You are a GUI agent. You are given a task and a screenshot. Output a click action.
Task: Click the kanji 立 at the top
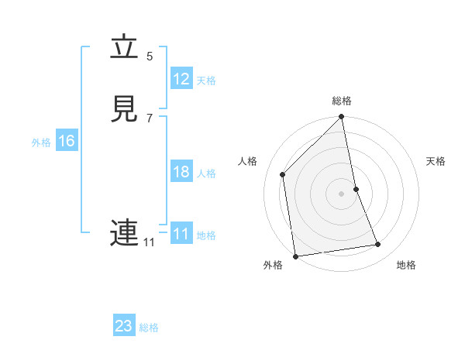click(124, 48)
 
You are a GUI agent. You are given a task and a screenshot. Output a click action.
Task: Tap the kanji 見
click(124, 108)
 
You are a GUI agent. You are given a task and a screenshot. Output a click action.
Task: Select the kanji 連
click(124, 232)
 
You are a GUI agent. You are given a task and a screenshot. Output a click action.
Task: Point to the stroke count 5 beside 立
click(150, 56)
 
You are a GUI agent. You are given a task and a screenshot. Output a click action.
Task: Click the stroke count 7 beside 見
click(150, 118)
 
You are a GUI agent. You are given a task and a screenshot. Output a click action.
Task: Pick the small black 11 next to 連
click(149, 242)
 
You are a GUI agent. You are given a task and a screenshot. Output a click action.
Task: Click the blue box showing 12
click(181, 79)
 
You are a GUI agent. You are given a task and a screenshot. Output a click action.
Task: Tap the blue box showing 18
click(181, 172)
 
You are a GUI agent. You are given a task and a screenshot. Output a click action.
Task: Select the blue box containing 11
click(181, 234)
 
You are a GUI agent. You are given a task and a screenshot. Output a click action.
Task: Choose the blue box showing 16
click(66, 141)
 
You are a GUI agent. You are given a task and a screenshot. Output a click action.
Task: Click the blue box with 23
click(124, 326)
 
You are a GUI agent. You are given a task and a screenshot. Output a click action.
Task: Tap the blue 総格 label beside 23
click(149, 328)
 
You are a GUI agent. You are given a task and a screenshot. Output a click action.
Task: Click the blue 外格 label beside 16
click(41, 143)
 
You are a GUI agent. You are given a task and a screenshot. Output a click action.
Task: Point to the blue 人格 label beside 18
click(207, 173)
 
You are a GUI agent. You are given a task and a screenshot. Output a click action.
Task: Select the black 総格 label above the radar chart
click(342, 101)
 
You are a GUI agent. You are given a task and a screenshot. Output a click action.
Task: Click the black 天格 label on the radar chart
click(436, 161)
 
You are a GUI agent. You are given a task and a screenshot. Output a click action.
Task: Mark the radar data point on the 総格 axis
click(342, 118)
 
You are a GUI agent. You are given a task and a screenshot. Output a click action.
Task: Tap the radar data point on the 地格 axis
click(378, 245)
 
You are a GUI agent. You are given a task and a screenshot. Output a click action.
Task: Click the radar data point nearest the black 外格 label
click(295, 256)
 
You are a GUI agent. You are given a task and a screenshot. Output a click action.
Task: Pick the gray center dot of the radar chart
click(342, 193)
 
